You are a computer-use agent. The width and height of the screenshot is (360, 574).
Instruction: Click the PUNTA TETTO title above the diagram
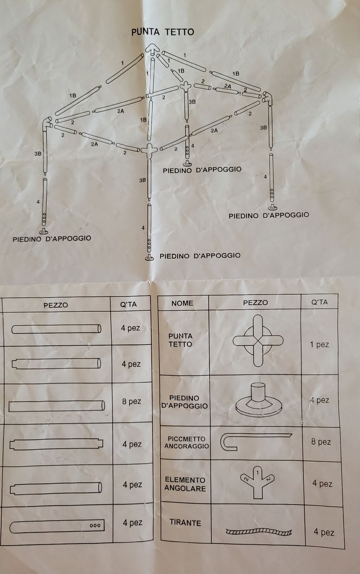coord(163,32)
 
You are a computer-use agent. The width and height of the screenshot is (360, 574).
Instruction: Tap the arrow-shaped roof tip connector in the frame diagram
coord(153,49)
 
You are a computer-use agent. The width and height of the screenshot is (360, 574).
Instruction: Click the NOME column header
coord(182,303)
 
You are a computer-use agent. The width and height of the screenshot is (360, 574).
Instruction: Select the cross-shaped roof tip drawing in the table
coord(258,341)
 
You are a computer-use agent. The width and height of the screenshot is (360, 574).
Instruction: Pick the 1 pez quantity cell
coord(319,344)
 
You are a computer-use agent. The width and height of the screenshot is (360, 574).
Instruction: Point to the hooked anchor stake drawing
coord(256,441)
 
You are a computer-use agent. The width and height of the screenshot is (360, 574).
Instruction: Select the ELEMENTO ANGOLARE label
coord(185,484)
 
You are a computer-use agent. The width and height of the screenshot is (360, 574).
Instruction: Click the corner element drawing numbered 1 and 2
coord(258,482)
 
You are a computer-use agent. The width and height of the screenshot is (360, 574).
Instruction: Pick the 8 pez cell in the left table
coord(132,401)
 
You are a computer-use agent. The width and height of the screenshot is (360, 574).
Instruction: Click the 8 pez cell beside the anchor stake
coord(321,442)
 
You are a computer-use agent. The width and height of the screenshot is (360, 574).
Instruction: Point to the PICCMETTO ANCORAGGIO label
coord(187,443)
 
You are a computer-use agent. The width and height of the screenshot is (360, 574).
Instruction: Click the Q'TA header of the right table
coord(319,302)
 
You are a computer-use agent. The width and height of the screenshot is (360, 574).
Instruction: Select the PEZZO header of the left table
coord(56,305)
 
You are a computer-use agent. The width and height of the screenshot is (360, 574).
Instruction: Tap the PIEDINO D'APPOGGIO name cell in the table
coord(184,402)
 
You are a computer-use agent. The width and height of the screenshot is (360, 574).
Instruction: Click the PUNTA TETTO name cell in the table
coord(180,340)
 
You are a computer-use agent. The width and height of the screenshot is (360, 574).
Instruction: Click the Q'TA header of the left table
coord(128,304)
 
